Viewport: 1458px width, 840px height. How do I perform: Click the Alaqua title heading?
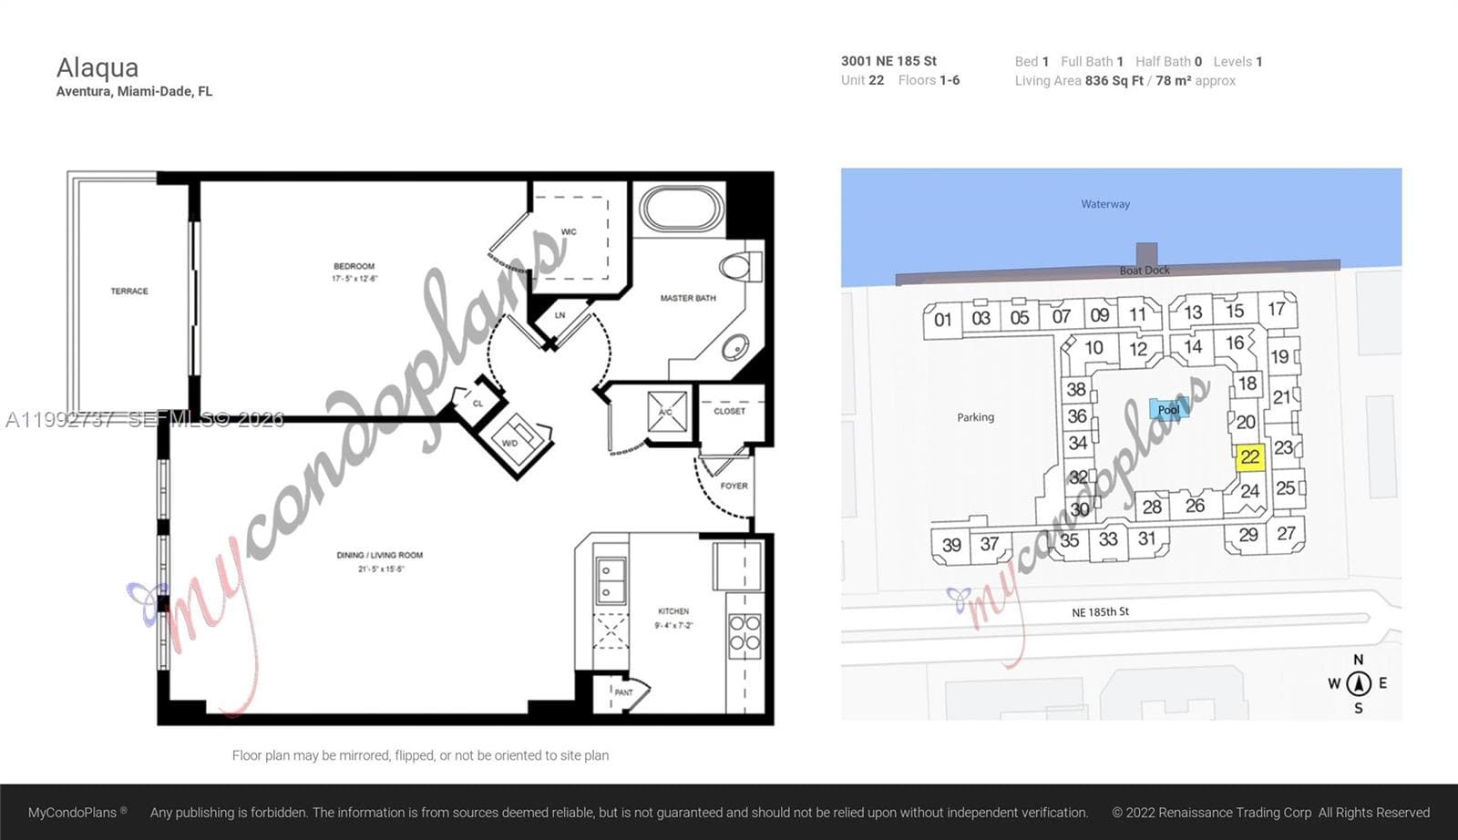98,68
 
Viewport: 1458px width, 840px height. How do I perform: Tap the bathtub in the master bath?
682,209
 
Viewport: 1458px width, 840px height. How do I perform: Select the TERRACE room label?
129,292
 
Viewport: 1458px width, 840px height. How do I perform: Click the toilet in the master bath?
735,267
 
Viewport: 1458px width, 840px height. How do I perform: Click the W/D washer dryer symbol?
517,435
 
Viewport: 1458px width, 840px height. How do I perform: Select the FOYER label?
734,486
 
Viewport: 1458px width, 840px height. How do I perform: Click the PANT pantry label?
623,692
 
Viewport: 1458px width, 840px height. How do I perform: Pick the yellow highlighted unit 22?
1249,457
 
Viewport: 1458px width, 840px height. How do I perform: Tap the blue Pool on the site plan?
1168,410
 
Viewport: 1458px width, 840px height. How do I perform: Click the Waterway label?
1105,204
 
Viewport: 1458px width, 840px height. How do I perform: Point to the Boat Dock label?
1145,271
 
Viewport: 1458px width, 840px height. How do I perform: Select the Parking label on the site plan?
975,417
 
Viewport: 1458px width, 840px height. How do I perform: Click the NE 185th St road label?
1100,612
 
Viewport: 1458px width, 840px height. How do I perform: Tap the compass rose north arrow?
1358,682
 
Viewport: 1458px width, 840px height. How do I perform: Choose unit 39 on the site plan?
951,545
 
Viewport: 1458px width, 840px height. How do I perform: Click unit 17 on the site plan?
1276,309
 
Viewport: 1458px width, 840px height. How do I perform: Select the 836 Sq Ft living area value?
1113,81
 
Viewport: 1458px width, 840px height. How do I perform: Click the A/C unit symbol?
665,412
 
